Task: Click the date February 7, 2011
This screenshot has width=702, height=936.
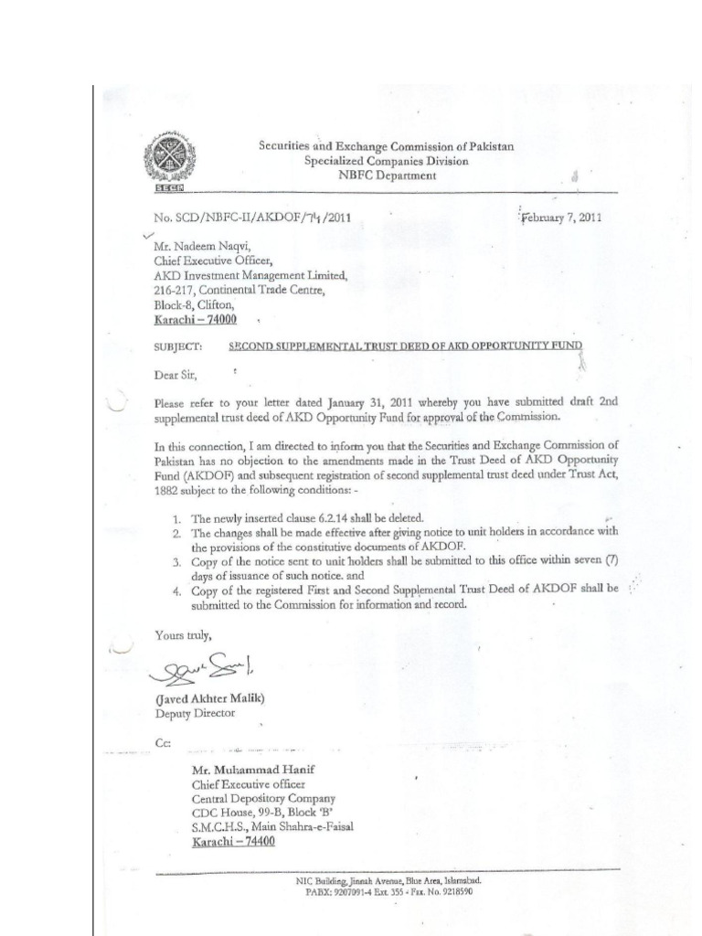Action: [560, 218]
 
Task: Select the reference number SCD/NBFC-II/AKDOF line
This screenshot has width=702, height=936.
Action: [251, 218]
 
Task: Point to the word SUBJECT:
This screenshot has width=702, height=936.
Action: [177, 347]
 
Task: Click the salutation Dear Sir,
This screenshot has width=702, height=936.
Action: [175, 374]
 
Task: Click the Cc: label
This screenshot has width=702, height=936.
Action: [164, 742]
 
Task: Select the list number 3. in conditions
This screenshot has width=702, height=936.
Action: [178, 561]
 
